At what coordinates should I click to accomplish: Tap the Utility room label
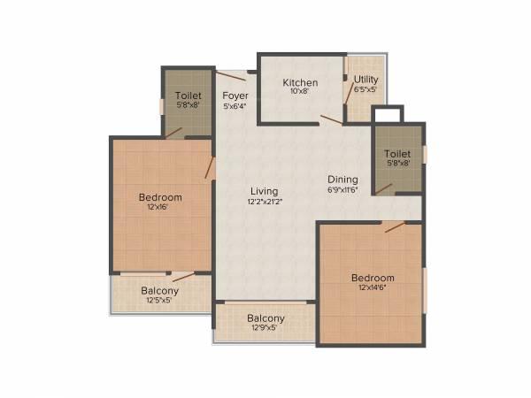[366, 79]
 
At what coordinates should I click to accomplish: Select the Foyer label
[235, 96]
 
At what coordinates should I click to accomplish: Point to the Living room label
[264, 191]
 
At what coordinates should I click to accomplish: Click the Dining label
[342, 178]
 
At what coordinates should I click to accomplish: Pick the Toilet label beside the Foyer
[188, 96]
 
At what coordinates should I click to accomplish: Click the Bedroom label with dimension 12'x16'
[160, 197]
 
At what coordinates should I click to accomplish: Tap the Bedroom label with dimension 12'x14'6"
[372, 278]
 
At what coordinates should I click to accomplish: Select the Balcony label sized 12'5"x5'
[159, 291]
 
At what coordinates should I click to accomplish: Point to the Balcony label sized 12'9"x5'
[265, 318]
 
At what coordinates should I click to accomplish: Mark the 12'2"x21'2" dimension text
[264, 202]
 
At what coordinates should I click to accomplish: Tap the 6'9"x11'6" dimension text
[342, 188]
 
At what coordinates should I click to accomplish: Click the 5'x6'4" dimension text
[235, 106]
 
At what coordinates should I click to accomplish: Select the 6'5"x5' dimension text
[366, 89]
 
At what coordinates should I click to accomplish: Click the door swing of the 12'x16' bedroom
[211, 168]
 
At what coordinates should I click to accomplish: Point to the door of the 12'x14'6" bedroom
[394, 226]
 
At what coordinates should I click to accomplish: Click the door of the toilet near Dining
[383, 188]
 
